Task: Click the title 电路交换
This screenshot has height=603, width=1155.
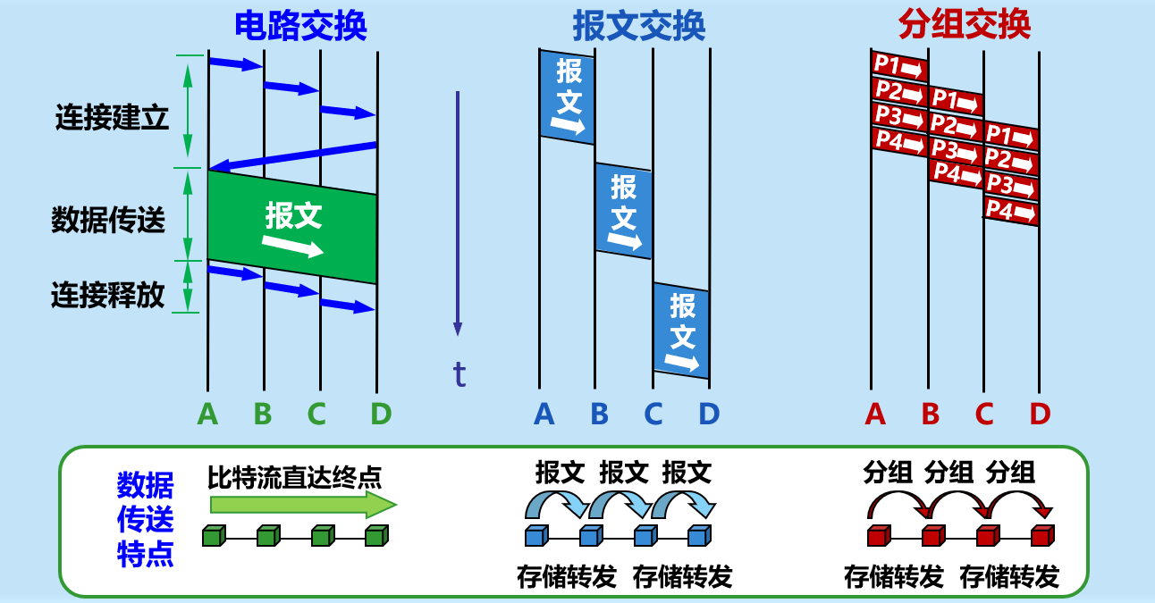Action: coord(300,26)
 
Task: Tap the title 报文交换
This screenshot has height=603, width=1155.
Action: coord(639,26)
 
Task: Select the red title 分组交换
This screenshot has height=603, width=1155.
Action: coord(965,26)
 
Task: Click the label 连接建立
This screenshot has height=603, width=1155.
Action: coord(112,119)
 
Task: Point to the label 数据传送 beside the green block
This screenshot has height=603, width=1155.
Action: coord(108,221)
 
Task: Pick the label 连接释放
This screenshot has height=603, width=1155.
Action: coord(108,295)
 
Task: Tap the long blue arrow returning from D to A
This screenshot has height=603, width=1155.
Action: coord(292,155)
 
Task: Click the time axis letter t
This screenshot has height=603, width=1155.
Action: coord(459,374)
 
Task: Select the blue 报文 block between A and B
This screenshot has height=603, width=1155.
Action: coord(568,96)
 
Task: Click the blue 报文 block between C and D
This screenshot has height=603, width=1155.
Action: coord(682,331)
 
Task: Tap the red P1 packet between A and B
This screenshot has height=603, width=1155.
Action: coord(898,66)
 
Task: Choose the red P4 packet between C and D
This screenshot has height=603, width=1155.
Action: coord(1011,212)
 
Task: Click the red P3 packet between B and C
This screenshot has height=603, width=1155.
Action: coord(955,148)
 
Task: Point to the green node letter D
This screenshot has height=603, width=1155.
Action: coord(381,414)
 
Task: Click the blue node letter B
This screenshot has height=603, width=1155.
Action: coord(600,414)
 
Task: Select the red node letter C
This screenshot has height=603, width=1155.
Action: coord(984,414)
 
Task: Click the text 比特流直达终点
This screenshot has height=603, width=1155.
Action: coord(294,476)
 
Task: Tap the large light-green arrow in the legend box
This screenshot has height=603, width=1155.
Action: coord(302,505)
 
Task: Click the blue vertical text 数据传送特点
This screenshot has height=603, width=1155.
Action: coord(145,520)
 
